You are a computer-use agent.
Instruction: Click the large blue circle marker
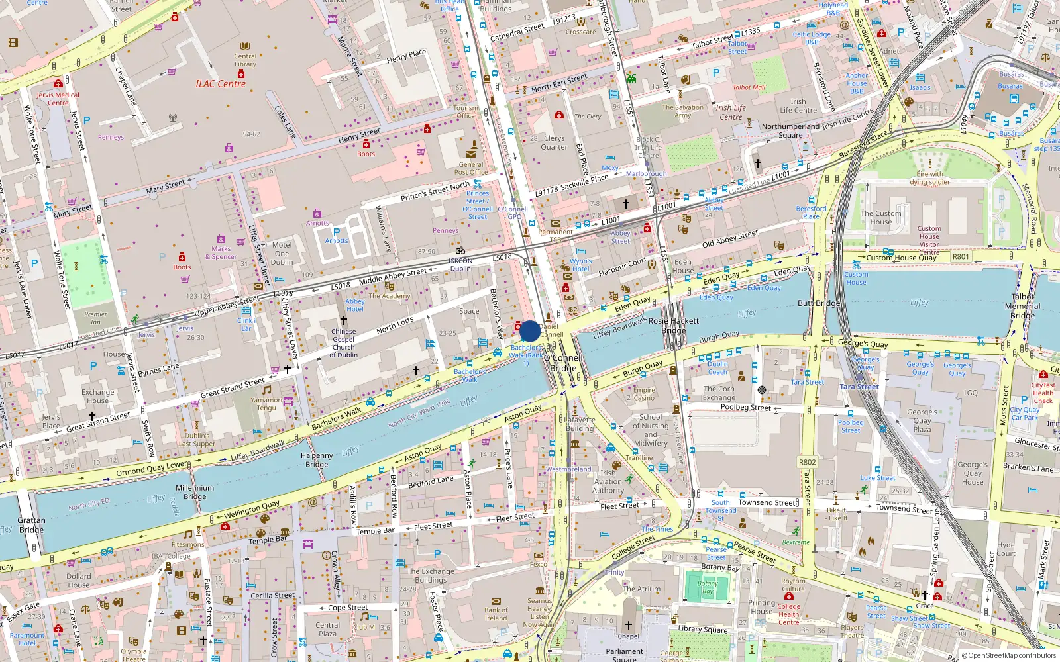tap(529, 331)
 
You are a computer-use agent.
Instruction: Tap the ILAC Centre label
tap(221, 84)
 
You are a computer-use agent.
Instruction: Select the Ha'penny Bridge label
tap(317, 460)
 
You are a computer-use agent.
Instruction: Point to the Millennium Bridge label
tap(195, 492)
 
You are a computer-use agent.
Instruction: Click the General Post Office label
tap(471, 168)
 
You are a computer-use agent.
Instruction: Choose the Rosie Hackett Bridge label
tap(673, 325)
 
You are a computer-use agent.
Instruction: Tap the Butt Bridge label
tap(819, 303)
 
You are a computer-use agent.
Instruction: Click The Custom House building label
tap(880, 217)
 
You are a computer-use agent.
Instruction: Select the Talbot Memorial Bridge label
tap(1022, 306)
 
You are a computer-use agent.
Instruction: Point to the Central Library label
tap(245, 60)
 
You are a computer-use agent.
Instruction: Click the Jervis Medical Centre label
tap(58, 99)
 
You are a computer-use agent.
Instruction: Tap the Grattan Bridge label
tap(31, 525)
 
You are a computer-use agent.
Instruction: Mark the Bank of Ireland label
tap(496, 614)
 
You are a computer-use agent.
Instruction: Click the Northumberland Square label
tap(790, 130)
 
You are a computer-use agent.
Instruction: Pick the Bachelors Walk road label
tap(337, 418)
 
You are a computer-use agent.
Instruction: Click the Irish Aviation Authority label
tap(608, 481)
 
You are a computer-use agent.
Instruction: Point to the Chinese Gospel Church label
tap(343, 343)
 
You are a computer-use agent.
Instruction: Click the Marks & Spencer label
tap(221, 253)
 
